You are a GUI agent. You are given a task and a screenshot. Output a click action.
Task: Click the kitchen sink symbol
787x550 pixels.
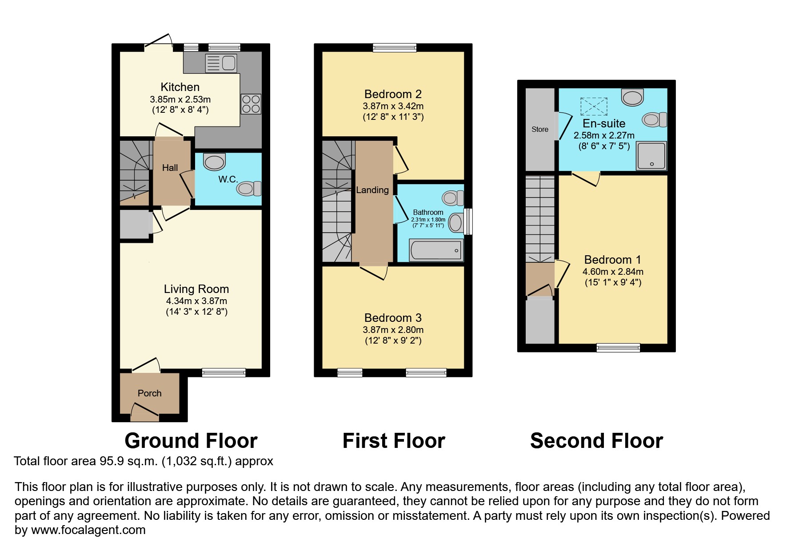[221, 63]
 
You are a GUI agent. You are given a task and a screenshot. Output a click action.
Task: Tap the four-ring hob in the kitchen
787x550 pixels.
[251, 104]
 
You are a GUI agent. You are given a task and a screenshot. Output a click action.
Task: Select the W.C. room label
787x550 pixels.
[228, 179]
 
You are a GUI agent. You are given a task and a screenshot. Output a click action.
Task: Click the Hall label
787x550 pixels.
[170, 168]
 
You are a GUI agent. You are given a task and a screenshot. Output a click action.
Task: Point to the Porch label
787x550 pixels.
[149, 393]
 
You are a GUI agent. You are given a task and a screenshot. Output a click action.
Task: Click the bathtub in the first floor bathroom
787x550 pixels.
[436, 251]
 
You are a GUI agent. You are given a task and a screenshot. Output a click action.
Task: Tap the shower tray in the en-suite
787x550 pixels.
[651, 156]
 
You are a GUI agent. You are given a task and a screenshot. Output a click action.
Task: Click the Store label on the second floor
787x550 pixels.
[540, 129]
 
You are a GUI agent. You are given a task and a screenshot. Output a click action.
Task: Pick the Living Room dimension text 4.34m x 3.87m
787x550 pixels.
[196, 301]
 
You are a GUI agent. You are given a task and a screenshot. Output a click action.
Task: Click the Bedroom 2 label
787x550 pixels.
[393, 94]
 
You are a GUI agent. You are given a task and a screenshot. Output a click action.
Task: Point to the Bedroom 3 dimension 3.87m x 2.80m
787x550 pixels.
[393, 330]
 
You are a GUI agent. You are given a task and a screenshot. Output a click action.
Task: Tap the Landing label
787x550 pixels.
[372, 190]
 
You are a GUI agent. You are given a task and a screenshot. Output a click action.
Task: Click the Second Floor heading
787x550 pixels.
[596, 441]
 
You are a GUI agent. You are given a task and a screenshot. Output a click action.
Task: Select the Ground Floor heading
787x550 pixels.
[191, 441]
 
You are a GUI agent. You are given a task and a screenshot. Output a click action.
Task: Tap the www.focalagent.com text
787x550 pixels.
[88, 530]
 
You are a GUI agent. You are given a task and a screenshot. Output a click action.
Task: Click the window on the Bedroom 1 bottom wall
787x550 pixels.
[618, 348]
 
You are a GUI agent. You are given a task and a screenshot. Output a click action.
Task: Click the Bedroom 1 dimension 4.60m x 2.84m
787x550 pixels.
[613, 272]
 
